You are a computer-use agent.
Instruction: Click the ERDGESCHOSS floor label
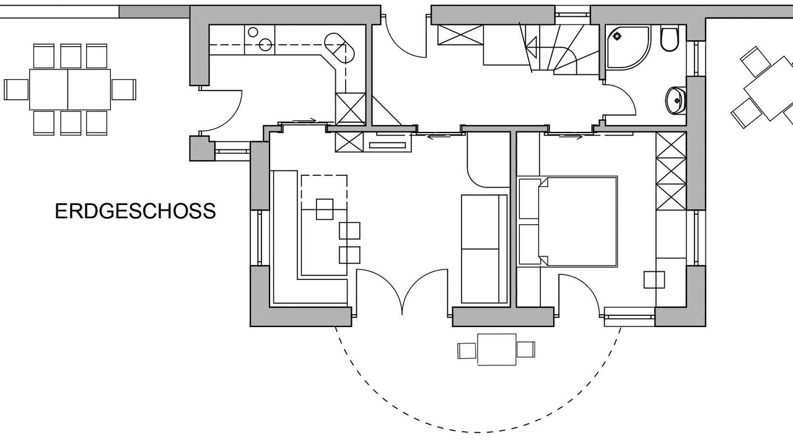pyautogui.click(x=135, y=211)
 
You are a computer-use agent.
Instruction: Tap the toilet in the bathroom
pyautogui.click(x=669, y=40)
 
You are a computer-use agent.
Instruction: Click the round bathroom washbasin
pyautogui.click(x=675, y=100)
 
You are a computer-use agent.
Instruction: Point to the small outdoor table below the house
pyautogui.click(x=496, y=349)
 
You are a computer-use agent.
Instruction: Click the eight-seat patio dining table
pyautogui.click(x=69, y=89)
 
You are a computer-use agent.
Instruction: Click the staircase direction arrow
pyautogui.click(x=530, y=44)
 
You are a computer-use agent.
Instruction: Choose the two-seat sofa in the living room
pyautogui.click(x=483, y=249)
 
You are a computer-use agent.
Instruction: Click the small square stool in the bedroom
pyautogui.click(x=654, y=280)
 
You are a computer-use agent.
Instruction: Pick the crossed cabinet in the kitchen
pyautogui.click(x=350, y=108)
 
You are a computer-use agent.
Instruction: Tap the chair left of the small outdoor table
pyautogui.click(x=465, y=350)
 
